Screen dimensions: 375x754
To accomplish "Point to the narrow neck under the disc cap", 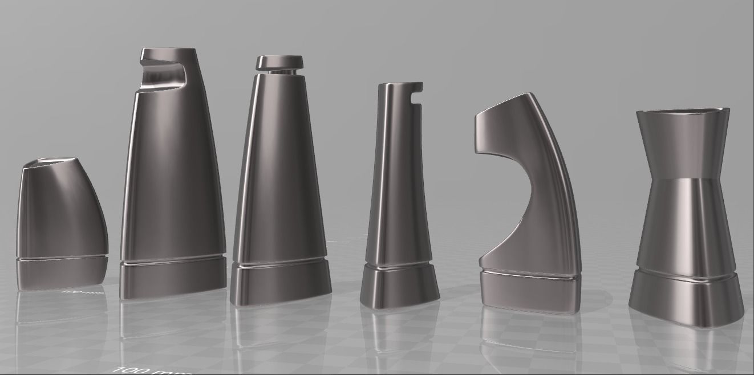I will [x=279, y=72].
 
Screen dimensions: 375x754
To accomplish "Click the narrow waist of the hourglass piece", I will [x=683, y=174].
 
